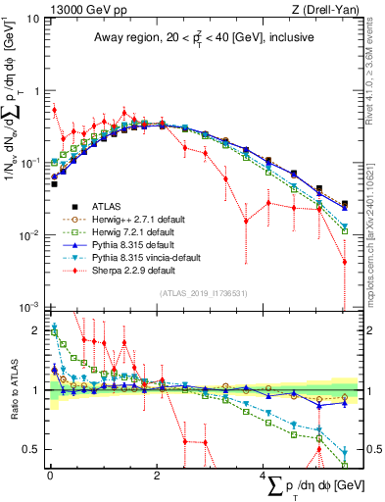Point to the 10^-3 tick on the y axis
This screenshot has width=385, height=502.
tap(30, 307)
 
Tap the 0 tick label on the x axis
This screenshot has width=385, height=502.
tap(50, 476)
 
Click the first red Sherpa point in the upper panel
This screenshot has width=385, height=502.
tap(55, 110)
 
